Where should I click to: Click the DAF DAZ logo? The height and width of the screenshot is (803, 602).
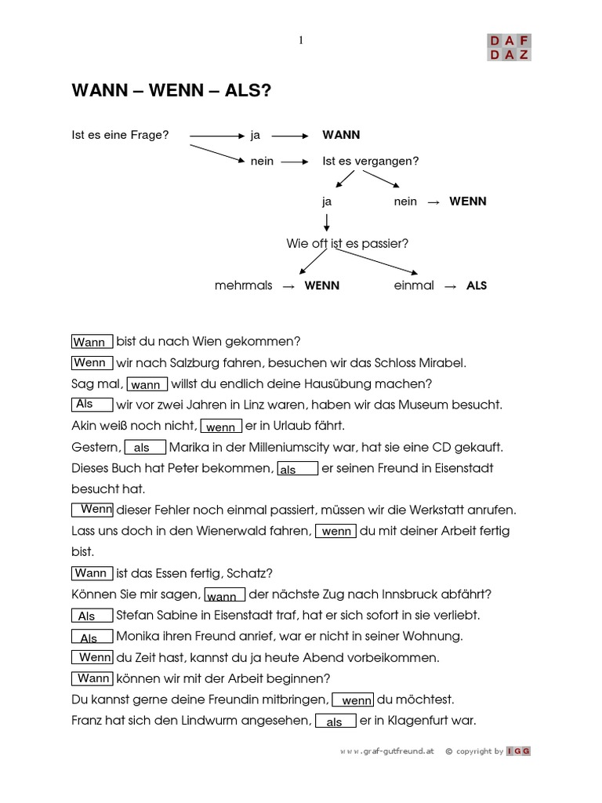coord(509,47)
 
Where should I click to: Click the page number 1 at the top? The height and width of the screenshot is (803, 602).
coord(301,41)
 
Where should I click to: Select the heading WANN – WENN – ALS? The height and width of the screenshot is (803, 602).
coord(172,92)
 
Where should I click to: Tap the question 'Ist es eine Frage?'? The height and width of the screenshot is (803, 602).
coord(120,135)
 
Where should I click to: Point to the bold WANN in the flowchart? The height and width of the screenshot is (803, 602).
coord(341,135)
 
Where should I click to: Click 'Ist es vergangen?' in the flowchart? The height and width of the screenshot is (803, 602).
coord(371,161)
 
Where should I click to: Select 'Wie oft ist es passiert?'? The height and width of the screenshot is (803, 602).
coord(347,244)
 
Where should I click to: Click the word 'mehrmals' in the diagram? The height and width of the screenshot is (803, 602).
coord(243,285)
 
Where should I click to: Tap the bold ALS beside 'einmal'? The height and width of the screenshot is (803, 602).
coord(477,285)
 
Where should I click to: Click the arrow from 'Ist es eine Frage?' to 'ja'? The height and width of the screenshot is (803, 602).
coord(216,136)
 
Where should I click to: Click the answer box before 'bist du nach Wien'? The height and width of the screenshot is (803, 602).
coord(92,342)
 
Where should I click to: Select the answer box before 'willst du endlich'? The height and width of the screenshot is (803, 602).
coord(147,384)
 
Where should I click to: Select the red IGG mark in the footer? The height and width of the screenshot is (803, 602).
coord(519,751)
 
